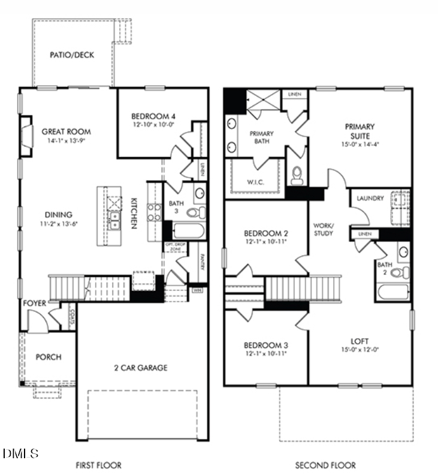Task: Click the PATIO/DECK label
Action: click(72, 55)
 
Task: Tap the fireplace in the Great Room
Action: click(27, 131)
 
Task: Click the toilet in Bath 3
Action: click(195, 212)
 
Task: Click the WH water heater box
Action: click(197, 290)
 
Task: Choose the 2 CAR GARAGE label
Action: click(141, 368)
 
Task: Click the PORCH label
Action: click(49, 357)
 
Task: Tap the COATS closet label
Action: click(71, 312)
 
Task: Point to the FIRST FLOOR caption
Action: click(98, 465)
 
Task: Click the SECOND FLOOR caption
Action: click(325, 465)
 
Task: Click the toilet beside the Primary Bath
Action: click(297, 175)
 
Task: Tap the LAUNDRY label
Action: click(370, 199)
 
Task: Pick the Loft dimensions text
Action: click(360, 350)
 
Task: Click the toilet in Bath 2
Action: click(397, 273)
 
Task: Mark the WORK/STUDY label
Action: click(324, 229)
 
